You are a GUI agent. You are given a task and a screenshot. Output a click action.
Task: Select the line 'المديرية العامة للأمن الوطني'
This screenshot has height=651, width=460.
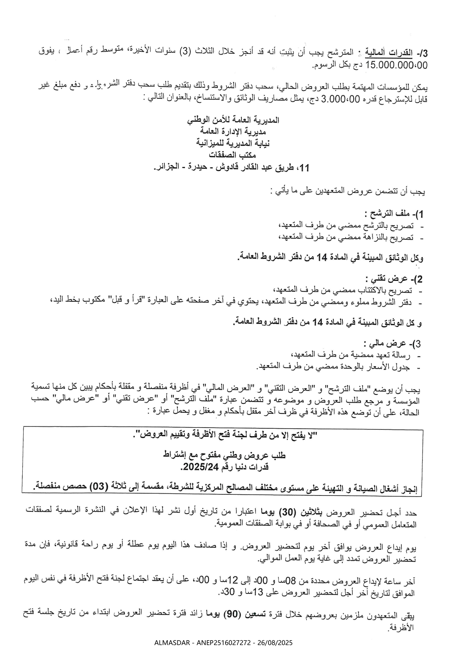tap(233, 120)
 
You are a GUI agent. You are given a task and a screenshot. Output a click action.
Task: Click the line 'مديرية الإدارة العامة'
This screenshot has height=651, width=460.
tap(233, 131)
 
